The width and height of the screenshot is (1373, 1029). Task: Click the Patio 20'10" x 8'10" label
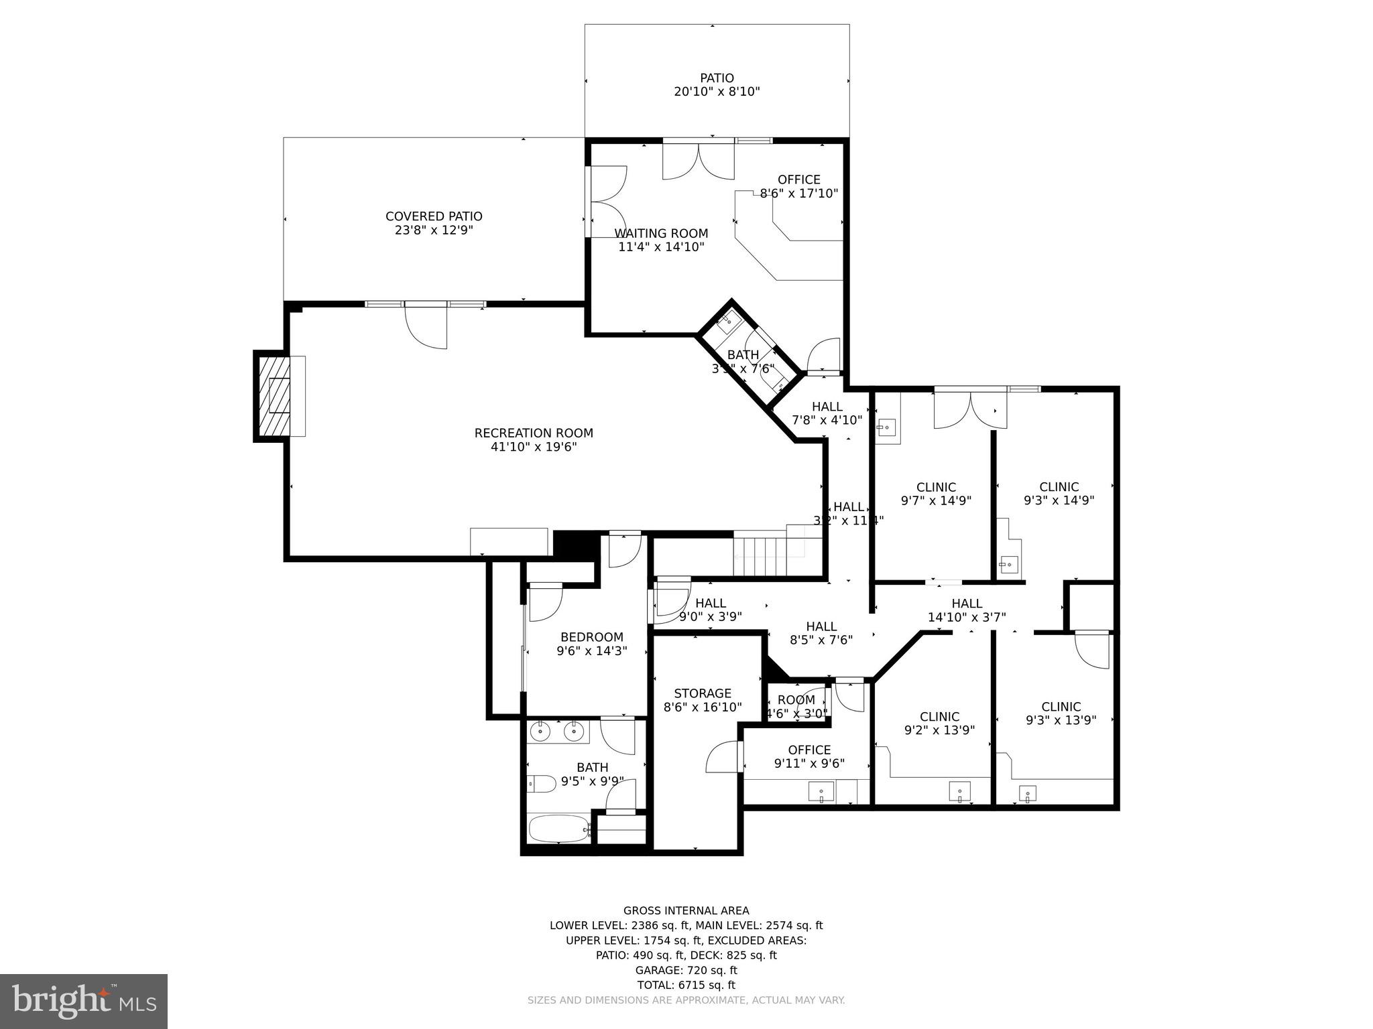(717, 85)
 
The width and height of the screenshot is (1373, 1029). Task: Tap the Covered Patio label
(434, 223)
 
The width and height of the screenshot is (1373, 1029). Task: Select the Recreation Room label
(534, 440)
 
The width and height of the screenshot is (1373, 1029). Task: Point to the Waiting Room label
(661, 240)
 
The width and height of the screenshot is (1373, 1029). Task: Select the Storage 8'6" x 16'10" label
(702, 700)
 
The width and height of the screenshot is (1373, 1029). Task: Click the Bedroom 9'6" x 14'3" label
(591, 643)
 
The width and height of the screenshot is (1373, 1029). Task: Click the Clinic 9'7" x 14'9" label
(936, 494)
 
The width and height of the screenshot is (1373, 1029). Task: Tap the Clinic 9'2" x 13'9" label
(939, 724)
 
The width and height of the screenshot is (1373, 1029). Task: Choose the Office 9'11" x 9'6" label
(809, 756)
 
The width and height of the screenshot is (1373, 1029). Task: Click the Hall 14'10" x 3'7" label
(967, 610)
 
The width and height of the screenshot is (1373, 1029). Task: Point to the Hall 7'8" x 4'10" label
(827, 413)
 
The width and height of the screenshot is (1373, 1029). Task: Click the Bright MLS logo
(84, 1001)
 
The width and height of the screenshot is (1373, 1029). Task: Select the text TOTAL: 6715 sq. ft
(686, 985)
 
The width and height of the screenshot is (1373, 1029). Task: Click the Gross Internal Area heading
(686, 910)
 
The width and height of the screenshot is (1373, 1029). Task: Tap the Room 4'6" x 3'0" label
(796, 707)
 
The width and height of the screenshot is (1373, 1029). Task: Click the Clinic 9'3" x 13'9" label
(1061, 713)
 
